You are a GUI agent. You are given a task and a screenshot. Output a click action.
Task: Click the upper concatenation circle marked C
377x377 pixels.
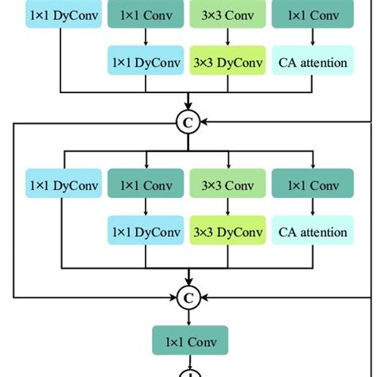[188, 122]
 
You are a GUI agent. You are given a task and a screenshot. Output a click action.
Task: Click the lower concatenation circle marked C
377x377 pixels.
[188, 297]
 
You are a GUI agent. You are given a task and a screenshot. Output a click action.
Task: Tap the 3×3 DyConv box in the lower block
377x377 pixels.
[229, 232]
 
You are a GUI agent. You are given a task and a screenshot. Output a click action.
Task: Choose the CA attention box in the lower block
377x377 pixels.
[313, 232]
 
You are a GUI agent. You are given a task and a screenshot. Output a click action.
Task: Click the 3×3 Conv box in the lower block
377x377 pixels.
[229, 186]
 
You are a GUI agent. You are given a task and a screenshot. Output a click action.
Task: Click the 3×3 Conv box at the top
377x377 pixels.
[229, 14]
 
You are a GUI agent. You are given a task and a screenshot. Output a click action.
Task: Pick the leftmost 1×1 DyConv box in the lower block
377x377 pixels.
[64, 186]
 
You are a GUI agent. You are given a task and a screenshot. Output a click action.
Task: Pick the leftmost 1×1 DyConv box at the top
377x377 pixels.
[64, 14]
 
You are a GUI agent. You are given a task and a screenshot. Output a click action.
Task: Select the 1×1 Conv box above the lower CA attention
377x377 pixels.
[313, 186]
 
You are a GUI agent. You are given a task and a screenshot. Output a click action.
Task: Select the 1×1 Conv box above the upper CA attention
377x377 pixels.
[313, 14]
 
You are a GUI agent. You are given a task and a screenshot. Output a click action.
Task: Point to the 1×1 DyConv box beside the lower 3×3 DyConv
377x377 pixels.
[146, 232]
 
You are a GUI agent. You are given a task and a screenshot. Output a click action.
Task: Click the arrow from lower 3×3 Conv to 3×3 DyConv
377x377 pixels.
[229, 209]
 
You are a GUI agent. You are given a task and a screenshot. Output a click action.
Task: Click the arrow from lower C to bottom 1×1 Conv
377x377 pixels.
[188, 317]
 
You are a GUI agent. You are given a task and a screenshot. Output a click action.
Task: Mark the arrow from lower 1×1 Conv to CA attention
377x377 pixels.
[313, 209]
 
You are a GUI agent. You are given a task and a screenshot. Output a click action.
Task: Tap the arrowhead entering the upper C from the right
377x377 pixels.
[204, 122]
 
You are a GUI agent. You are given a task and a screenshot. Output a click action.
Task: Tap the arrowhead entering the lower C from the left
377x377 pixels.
[173, 297]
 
